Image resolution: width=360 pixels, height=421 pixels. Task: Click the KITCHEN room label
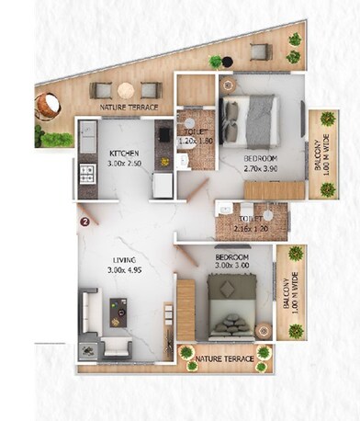point(123,153)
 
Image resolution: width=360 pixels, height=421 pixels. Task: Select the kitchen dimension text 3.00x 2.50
point(124,164)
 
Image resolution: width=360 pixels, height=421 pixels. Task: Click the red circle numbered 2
point(84,221)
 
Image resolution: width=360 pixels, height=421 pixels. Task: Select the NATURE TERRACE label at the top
point(123,108)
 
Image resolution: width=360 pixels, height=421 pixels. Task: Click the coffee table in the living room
point(118,313)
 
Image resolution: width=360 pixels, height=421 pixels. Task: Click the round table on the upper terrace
point(125,89)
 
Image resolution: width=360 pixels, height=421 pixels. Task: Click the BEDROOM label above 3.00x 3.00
point(232,257)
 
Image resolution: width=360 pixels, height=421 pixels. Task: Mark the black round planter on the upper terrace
point(216,62)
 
